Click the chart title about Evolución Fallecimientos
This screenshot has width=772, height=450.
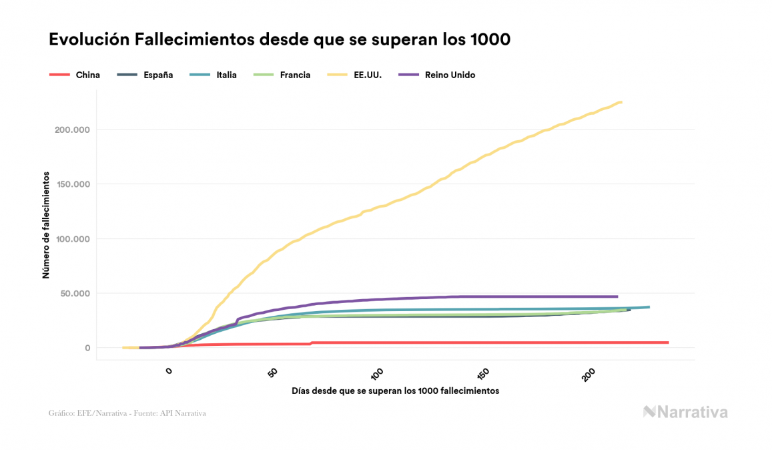[280, 39]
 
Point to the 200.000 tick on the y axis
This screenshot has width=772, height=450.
[72, 130]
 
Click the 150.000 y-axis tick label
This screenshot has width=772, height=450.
[72, 184]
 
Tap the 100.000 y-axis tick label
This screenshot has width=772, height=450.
[72, 239]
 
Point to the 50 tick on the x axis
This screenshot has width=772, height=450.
[273, 372]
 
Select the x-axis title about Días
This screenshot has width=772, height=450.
[396, 391]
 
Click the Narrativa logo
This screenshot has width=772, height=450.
[685, 412]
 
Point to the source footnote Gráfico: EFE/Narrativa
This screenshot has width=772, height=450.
[127, 413]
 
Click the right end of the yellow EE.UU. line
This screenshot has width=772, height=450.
[621, 102]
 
